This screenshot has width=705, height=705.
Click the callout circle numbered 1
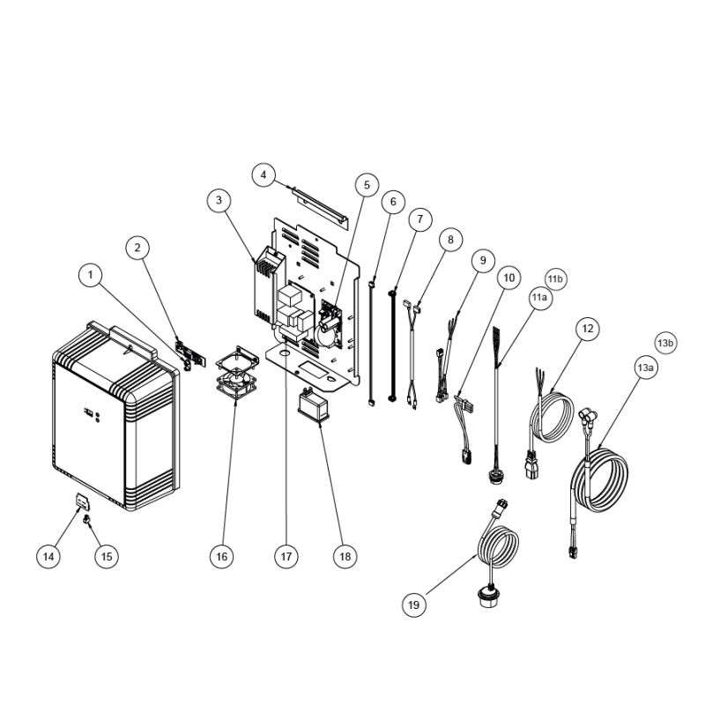coord(91,275)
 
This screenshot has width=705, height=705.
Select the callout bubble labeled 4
coord(263,174)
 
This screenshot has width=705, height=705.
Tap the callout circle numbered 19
coord(413,605)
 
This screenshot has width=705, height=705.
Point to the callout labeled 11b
coord(555,279)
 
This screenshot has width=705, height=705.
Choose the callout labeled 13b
coord(665,344)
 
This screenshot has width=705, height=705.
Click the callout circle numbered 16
coord(222,556)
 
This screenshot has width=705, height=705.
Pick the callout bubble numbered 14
coord(48,556)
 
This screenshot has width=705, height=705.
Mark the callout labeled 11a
coord(540,298)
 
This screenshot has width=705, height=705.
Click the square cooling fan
coord(237,372)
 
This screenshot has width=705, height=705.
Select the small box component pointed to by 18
coord(314,406)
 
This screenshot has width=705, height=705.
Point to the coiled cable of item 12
coord(553,417)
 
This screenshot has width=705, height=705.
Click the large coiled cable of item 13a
coord(599,480)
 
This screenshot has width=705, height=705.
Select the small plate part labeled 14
coord(82,501)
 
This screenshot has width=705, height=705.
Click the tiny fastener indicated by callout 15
coord(87,521)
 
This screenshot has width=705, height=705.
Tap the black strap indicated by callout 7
coord(392,345)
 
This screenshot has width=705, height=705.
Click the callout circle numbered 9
coord(483,260)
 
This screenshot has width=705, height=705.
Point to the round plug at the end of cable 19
coord(488,597)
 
